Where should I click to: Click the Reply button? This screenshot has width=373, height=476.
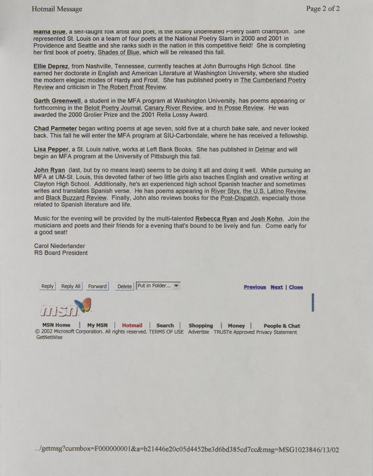pyautogui.click(x=48, y=286)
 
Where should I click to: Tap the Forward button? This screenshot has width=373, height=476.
pyautogui.click(x=97, y=286)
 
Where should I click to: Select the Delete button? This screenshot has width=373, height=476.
pyautogui.click(x=125, y=286)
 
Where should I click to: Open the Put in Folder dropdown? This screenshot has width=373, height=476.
pyautogui.click(x=158, y=286)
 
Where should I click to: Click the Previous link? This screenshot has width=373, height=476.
pyautogui.click(x=255, y=287)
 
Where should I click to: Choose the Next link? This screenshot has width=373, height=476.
pyautogui.click(x=276, y=287)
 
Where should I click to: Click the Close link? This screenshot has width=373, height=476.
pyautogui.click(x=296, y=287)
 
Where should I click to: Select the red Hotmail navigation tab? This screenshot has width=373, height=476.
pyautogui.click(x=132, y=326)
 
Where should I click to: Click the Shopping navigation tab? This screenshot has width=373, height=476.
pyautogui.click(x=200, y=326)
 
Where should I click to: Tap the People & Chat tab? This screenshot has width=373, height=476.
pyautogui.click(x=281, y=326)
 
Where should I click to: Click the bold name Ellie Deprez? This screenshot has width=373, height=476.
pyautogui.click(x=51, y=66)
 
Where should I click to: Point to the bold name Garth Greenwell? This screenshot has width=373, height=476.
pyautogui.click(x=57, y=101)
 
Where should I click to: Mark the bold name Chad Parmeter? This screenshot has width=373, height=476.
pyautogui.click(x=55, y=128)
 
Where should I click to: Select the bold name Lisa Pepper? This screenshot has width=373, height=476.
pyautogui.click(x=51, y=150)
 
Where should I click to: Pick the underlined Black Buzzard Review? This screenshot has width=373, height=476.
pyautogui.click(x=76, y=198)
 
